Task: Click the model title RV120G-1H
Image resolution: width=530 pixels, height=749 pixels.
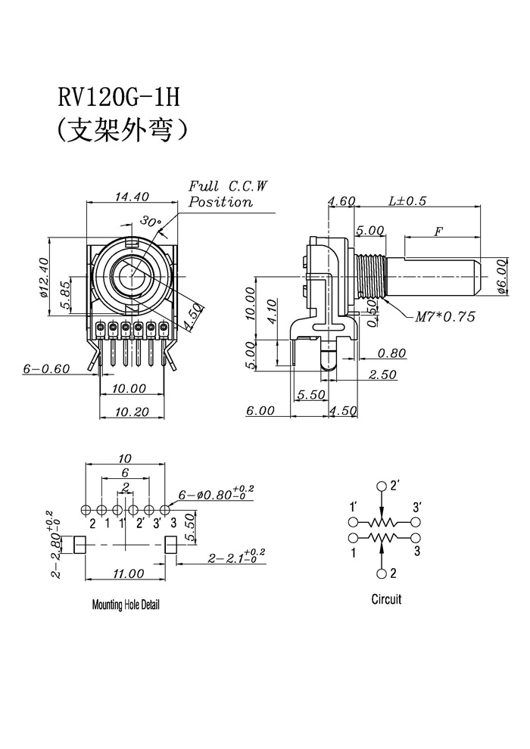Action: [x=119, y=98]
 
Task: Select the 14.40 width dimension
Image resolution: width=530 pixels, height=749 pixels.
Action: [x=132, y=196]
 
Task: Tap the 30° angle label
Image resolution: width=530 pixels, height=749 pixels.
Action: [x=150, y=221]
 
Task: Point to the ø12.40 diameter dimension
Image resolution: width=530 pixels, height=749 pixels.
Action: [x=44, y=278]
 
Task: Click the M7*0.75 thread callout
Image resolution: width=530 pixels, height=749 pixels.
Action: [x=445, y=316]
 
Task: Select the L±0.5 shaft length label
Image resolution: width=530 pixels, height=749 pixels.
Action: [x=407, y=200]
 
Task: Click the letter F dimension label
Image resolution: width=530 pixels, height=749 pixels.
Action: [x=438, y=232]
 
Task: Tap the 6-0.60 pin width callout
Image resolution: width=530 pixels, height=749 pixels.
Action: [x=46, y=368]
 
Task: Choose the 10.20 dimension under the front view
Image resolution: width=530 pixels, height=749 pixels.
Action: [x=131, y=412]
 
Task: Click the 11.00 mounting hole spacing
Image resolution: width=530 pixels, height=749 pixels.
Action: [x=128, y=573]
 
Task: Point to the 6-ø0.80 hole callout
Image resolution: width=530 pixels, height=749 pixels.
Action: [x=216, y=493]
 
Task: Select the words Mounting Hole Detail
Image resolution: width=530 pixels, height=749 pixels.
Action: [x=126, y=604]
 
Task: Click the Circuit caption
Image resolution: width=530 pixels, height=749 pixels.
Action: [x=386, y=598]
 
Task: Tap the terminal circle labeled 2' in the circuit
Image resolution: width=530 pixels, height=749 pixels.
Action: [x=382, y=486]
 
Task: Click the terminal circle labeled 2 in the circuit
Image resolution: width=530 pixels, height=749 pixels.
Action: [x=382, y=573]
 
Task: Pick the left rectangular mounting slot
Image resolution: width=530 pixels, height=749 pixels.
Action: [x=79, y=545]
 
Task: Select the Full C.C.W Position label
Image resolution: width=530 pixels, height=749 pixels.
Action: [x=228, y=194]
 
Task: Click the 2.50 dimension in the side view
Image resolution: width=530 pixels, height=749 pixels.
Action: [x=382, y=374]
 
